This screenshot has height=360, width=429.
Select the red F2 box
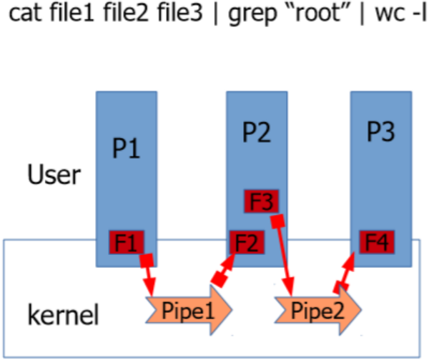point(247,243)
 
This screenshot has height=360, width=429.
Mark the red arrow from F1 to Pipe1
point(150,274)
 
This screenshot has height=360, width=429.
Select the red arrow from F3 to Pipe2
point(285,257)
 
